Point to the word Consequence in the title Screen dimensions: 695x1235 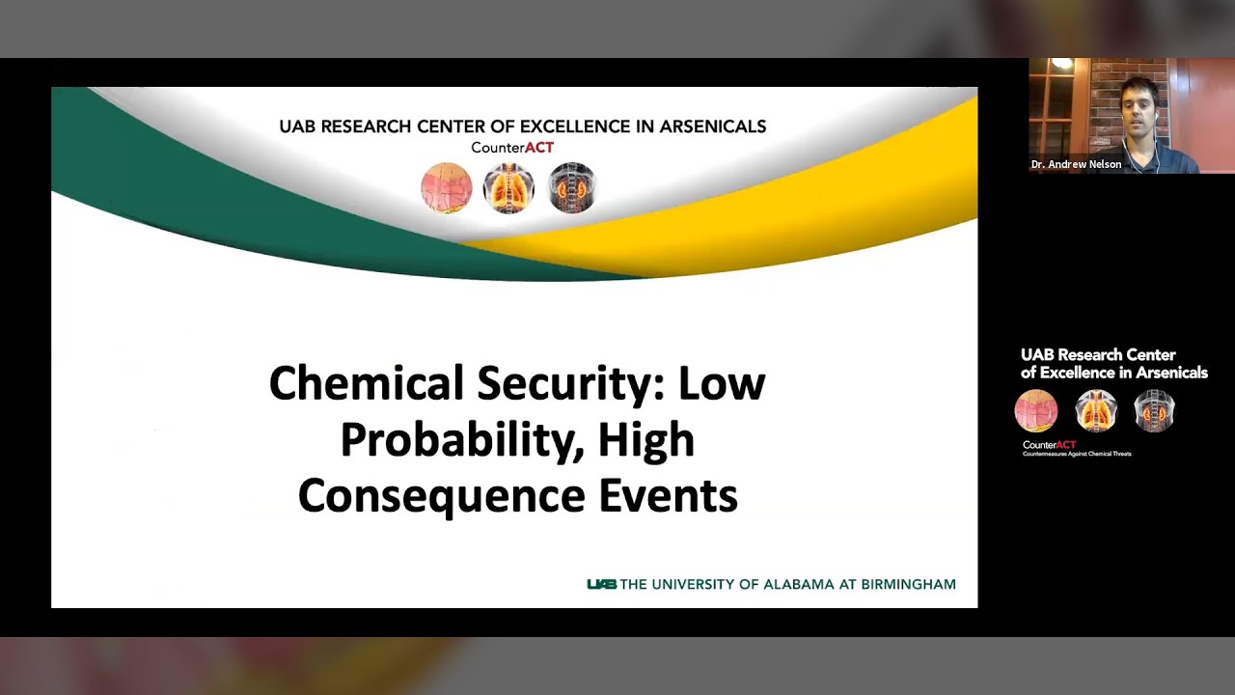coord(441,496)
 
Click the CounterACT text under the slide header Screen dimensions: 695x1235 coord(512,148)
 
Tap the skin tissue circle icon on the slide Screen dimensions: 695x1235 coord(446,187)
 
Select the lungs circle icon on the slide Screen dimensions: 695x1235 coord(508,187)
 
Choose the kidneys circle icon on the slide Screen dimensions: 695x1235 coord(571,187)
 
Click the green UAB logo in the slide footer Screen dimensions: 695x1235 coord(601,584)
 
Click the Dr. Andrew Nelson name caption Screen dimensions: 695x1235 coord(1076,164)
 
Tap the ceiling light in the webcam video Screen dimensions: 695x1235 coord(1063,64)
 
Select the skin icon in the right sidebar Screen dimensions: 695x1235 coord(1036,411)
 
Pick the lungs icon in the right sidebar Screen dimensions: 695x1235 coord(1095,411)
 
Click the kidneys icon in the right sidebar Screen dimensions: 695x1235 coord(1154,411)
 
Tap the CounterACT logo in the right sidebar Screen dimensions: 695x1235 coord(1049,445)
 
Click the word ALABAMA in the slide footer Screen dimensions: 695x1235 coord(797,584)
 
